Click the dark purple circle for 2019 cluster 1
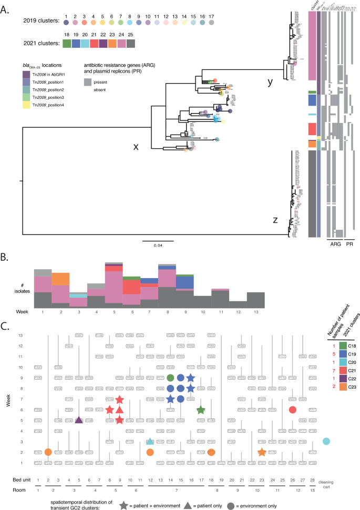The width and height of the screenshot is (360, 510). (66, 23)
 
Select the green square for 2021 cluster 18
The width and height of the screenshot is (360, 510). (67, 44)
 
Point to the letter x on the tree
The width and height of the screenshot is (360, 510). (136, 147)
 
